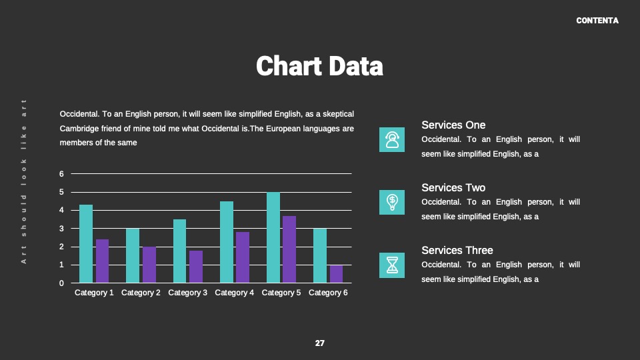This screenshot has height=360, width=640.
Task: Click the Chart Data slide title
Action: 319,66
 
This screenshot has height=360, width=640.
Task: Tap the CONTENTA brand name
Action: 597,21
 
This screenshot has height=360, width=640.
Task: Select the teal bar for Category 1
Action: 86,244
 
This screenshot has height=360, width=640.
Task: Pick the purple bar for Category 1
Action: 102,261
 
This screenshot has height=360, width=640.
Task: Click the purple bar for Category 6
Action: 336,274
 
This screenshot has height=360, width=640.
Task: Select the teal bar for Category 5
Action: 273,237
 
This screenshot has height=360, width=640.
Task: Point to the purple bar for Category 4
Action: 243,257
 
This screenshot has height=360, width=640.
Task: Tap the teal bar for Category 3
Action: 179,251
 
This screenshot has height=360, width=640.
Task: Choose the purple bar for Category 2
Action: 149,265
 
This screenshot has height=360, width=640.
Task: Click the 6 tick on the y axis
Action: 61,174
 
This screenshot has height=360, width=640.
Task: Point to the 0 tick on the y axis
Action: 61,283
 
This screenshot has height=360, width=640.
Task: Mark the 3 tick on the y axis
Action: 61,229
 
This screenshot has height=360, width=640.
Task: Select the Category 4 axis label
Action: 234,293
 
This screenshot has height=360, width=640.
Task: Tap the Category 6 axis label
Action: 328,293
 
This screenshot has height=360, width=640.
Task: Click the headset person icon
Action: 392,139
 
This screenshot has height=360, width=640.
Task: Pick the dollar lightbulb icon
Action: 392,202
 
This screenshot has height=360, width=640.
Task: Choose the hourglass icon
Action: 392,265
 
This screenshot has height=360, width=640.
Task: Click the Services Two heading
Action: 453,188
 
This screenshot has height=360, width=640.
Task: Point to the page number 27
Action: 319,343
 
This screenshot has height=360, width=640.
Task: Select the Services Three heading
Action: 457,250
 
